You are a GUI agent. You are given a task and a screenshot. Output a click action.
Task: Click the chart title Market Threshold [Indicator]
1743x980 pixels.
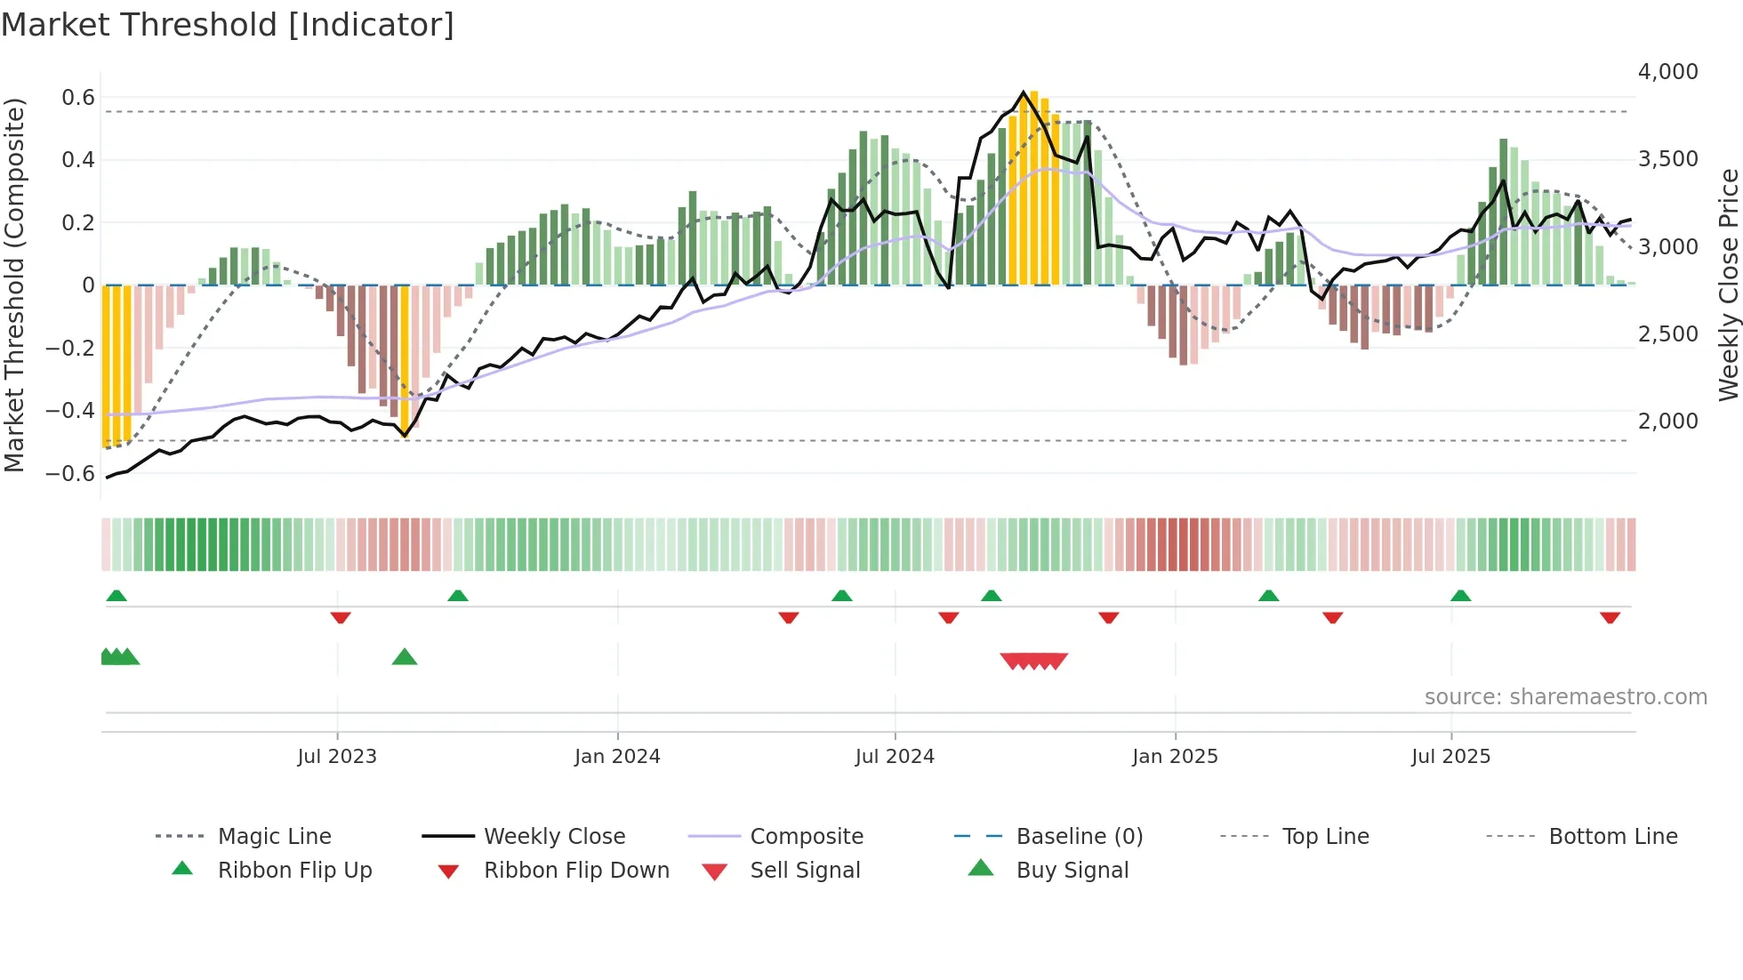point(228,25)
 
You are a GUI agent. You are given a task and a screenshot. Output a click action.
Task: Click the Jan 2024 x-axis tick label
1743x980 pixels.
point(617,756)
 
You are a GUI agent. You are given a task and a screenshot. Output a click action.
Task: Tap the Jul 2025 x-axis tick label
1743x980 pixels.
point(1450,756)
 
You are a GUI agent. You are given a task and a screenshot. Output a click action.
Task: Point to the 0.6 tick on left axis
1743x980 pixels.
point(78,97)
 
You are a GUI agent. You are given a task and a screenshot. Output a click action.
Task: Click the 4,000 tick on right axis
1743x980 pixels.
point(1667,71)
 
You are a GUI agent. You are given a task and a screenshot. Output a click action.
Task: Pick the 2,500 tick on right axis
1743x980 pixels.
point(1667,333)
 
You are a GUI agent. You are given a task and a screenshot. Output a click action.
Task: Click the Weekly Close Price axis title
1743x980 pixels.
point(1727,285)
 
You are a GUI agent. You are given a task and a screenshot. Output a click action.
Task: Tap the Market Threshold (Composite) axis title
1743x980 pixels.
point(14,285)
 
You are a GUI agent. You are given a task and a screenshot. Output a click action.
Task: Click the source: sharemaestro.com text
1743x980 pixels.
point(1565,696)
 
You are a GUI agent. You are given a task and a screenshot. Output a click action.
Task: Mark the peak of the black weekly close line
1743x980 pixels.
point(1024,92)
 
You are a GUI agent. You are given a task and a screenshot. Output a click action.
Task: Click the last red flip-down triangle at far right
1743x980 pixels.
point(1610,617)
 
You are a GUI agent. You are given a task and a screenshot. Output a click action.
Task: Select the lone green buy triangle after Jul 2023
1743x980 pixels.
point(405,657)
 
